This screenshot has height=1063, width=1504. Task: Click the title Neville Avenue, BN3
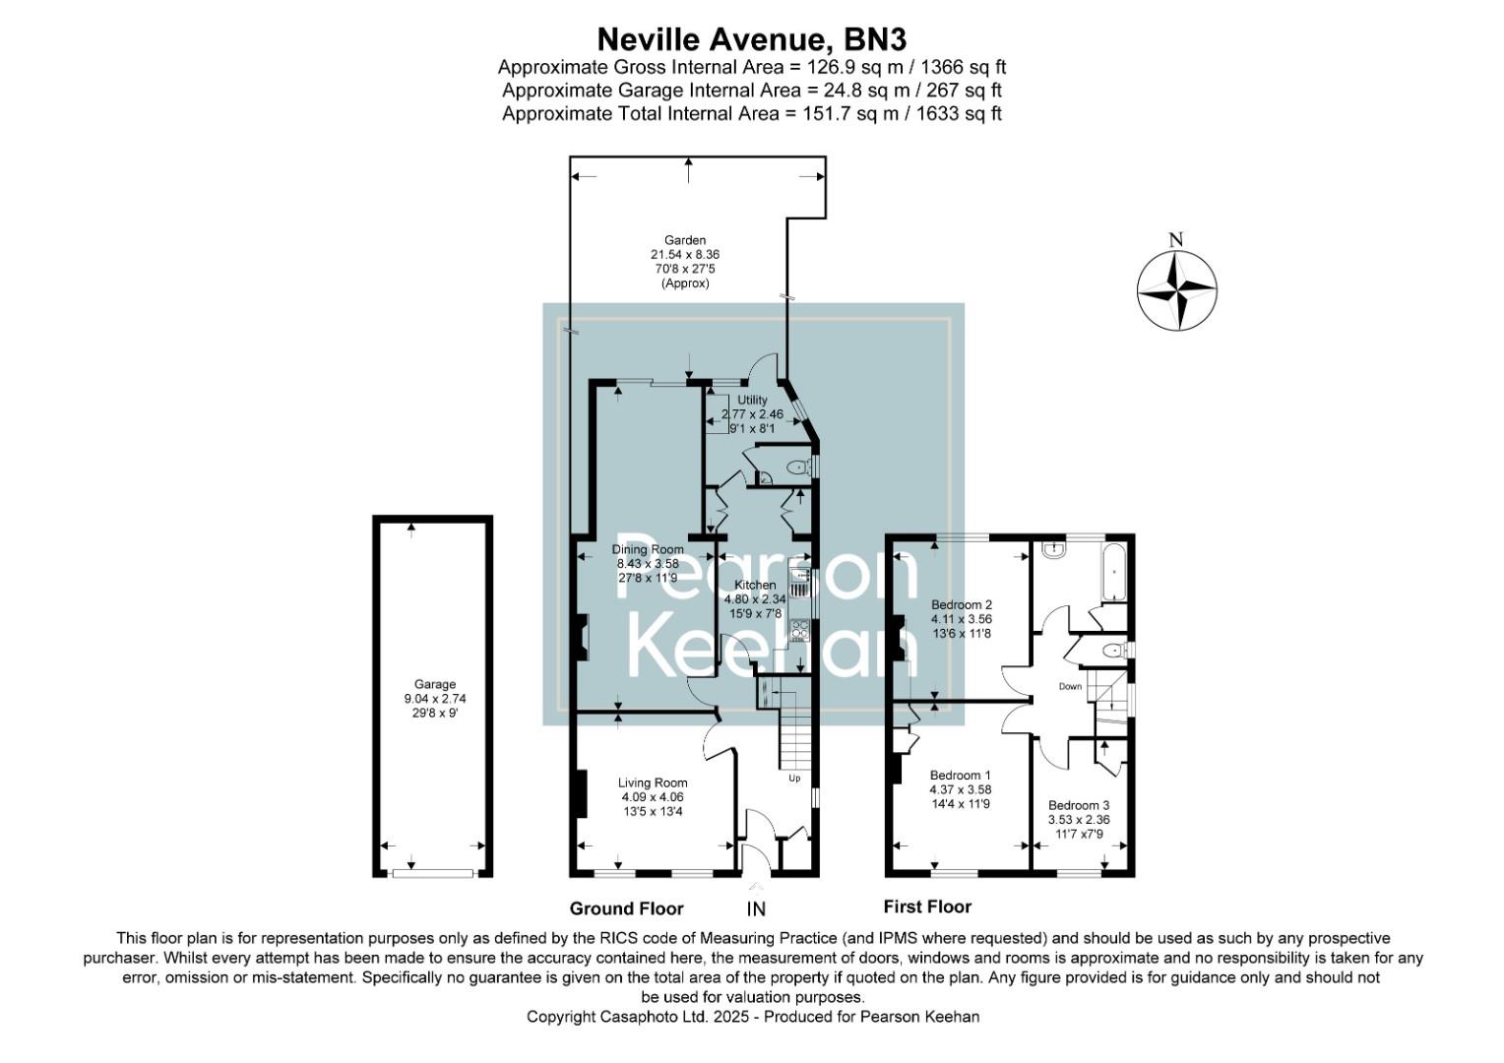tap(752, 39)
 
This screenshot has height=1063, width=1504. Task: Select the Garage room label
tap(434, 685)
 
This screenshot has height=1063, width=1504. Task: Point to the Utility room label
tap(752, 401)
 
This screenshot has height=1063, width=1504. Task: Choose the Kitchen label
tap(755, 586)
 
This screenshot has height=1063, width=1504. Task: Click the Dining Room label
tap(648, 549)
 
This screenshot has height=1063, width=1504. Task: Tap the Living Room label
tap(653, 783)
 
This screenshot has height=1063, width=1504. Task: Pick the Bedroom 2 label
tap(961, 604)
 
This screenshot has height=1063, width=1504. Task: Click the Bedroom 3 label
tap(1078, 805)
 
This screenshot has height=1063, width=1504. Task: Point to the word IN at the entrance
tap(756, 909)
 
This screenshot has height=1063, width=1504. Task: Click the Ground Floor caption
tap(626, 908)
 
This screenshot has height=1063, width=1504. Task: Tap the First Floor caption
tap(927, 907)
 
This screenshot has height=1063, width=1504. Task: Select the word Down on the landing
tap(1070, 686)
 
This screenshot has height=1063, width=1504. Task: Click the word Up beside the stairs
tap(794, 779)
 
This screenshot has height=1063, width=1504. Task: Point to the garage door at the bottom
tap(432, 872)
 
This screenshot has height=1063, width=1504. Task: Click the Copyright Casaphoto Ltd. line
tap(753, 1017)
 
